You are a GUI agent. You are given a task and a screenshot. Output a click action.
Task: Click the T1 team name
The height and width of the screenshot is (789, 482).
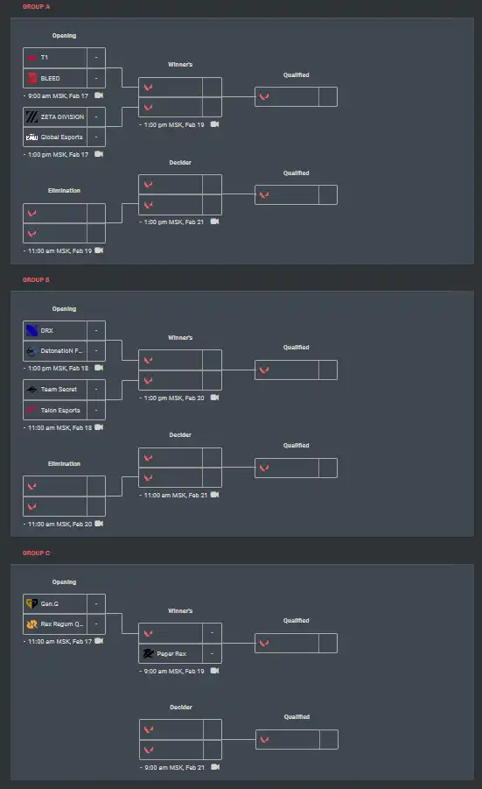[x=45, y=58]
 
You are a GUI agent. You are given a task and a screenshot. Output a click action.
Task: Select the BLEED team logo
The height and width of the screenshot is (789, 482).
[x=32, y=78]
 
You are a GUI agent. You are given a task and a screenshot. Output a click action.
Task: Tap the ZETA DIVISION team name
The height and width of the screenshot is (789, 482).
[x=62, y=116]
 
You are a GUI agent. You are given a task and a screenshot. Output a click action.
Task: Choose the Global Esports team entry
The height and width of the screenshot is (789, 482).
[x=55, y=137]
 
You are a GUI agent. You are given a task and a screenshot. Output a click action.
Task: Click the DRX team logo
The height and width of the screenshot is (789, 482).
[x=32, y=331]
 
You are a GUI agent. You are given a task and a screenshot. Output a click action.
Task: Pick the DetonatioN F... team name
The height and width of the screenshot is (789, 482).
[x=61, y=351]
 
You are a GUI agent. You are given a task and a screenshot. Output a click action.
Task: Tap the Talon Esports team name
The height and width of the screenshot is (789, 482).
[x=60, y=410]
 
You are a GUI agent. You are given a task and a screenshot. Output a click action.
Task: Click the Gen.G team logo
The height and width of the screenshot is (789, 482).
[x=31, y=603]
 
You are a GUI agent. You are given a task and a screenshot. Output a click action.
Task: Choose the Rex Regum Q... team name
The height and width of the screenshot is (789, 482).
[x=62, y=624]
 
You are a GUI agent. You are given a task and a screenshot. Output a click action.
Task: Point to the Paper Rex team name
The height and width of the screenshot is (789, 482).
[x=171, y=653]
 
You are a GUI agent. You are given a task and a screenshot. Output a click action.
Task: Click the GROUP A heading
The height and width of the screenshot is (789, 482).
[x=36, y=6]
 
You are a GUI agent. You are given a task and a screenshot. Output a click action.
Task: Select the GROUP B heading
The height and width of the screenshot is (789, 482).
[x=36, y=279]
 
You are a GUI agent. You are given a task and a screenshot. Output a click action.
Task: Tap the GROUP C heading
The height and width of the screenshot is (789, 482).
[x=36, y=553]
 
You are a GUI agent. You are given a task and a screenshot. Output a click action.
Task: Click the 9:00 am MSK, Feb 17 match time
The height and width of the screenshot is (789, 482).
[x=58, y=95]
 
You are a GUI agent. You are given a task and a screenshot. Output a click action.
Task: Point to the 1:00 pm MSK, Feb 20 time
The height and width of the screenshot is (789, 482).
[x=174, y=398]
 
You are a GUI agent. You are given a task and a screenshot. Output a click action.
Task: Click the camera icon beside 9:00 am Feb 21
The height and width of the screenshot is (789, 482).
[x=215, y=767]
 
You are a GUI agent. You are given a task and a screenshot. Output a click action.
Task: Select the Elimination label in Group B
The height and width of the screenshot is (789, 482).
[x=64, y=463]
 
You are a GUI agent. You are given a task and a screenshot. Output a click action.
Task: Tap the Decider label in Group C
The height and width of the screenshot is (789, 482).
[x=181, y=707]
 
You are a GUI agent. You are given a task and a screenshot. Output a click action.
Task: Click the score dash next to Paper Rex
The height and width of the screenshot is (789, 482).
[x=212, y=653]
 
